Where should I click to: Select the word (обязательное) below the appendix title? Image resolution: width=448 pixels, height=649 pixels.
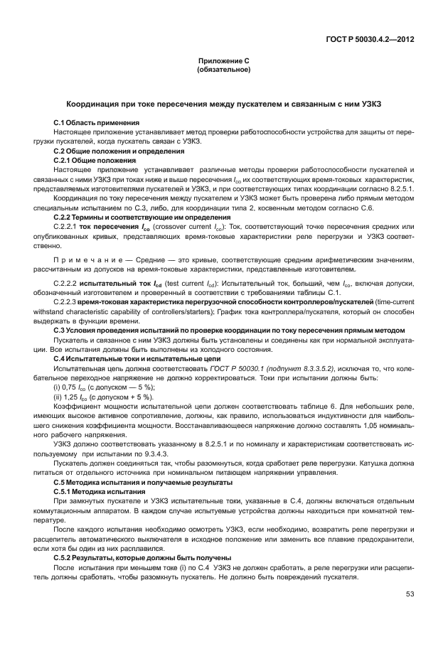[223, 70]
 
